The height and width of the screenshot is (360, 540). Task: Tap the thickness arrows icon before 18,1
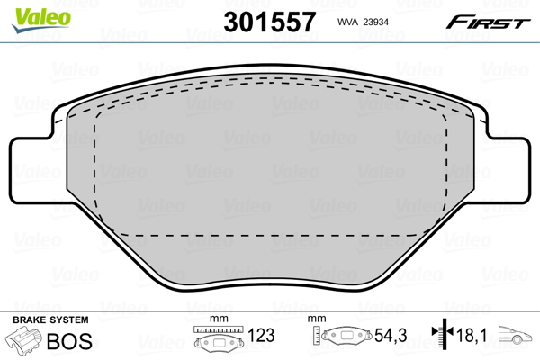(440, 337)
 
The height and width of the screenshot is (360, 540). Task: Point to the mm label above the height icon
(315, 319)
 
